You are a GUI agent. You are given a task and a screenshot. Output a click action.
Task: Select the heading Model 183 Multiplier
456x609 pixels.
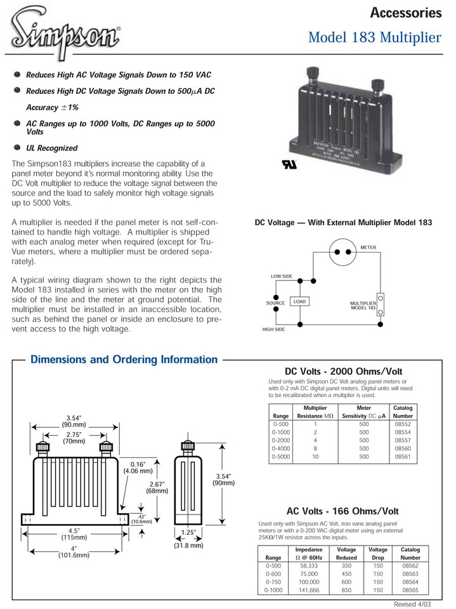tap(374, 38)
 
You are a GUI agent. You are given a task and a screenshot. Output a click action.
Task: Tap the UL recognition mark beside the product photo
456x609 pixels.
tap(280, 163)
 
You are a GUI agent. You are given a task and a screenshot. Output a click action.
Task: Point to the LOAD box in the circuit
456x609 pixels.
tap(300, 302)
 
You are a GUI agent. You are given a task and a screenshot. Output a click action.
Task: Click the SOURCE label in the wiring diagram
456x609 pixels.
tap(275, 303)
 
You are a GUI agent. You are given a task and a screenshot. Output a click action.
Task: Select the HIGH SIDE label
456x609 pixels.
tap(273, 329)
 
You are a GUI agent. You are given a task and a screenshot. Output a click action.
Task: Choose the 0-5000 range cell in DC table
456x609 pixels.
tap(280, 456)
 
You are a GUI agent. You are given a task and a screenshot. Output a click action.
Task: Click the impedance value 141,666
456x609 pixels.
tap(309, 589)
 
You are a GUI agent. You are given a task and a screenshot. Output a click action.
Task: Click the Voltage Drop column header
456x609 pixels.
tap(378, 553)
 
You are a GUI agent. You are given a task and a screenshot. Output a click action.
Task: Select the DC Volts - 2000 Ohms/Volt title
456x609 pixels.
tap(344, 371)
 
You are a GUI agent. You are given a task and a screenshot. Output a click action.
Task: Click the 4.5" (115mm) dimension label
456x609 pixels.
tap(74, 533)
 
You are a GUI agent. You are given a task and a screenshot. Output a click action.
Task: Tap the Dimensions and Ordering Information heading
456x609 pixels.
tap(124, 360)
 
